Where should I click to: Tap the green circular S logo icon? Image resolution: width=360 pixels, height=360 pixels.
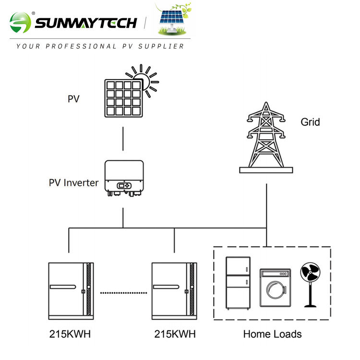[x=20, y=23]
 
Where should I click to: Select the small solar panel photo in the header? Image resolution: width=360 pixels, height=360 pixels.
[x=173, y=20]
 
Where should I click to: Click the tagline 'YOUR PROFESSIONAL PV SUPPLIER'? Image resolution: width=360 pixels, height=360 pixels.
[x=100, y=47]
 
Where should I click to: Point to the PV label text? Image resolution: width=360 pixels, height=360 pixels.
[x=73, y=99]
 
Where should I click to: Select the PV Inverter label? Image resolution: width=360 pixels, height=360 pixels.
[x=73, y=183]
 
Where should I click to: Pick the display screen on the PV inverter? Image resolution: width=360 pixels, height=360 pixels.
[x=123, y=185]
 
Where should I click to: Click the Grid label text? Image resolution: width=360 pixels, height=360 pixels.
[x=310, y=122]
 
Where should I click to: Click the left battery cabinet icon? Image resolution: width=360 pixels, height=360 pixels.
[x=71, y=291]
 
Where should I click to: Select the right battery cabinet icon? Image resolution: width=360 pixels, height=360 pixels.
[x=174, y=291]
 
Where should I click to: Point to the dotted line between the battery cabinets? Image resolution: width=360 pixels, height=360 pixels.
[x=123, y=292]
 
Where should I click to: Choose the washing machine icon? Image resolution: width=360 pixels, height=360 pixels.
[x=275, y=288]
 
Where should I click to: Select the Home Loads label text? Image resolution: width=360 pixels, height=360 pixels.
[x=272, y=334]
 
